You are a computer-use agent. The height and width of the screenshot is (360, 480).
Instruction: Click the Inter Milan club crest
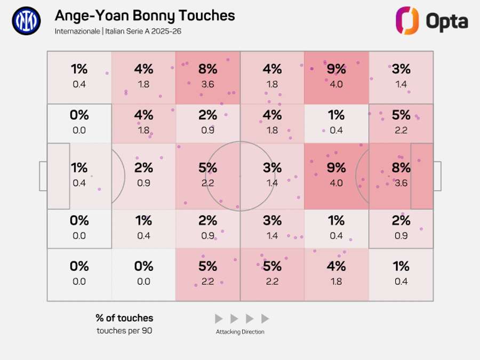26,21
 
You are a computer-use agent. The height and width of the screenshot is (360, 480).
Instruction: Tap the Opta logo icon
407,21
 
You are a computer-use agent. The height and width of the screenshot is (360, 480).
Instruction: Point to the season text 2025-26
165,31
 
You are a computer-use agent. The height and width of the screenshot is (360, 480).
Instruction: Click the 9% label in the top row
336,69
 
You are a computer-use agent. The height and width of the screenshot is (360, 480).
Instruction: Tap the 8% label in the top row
207,69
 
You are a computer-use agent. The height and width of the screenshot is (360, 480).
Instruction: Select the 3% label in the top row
401,69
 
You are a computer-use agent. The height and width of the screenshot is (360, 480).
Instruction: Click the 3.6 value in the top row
207,84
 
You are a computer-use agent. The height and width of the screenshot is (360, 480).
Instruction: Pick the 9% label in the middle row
336,168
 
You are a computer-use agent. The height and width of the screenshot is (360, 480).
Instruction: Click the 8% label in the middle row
401,168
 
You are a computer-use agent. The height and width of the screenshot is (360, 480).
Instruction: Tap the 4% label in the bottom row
336,266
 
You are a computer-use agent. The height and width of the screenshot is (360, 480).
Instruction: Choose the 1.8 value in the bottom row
336,282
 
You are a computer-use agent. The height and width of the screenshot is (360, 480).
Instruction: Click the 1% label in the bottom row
401,266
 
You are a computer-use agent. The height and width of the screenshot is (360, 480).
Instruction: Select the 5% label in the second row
401,115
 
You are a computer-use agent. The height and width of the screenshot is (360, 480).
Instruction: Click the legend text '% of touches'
124,318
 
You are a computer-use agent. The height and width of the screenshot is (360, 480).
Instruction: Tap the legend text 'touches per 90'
124,331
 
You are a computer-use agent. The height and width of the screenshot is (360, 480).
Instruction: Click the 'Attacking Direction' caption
240,332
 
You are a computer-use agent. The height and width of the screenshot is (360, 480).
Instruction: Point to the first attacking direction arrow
219,319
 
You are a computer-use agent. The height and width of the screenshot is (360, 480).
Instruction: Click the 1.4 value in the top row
401,84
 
